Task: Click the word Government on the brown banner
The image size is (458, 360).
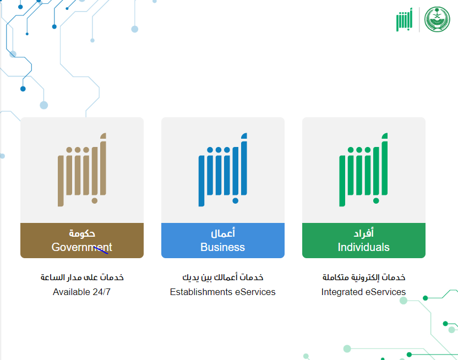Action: tap(82, 247)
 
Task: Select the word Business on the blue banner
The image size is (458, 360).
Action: tap(222, 247)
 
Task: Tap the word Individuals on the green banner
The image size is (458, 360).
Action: tap(364, 247)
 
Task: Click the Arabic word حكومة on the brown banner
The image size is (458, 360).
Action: tap(82, 233)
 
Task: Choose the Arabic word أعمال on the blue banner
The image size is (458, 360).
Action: tap(223, 233)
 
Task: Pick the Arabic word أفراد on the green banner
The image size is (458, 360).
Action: tap(364, 233)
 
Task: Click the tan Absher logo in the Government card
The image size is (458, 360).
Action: tap(82, 170)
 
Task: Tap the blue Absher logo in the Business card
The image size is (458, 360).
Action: tap(223, 170)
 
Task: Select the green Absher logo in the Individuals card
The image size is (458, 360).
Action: tap(364, 170)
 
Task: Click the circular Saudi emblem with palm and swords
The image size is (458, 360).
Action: tap(437, 19)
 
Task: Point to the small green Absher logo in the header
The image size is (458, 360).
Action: tap(404, 20)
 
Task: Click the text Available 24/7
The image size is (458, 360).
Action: tap(82, 292)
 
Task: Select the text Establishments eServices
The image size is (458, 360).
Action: tap(222, 292)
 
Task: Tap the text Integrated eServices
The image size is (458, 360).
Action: tap(363, 292)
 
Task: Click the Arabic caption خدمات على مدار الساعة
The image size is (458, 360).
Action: tap(82, 277)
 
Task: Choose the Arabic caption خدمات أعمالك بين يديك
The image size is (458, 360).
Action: tap(223, 277)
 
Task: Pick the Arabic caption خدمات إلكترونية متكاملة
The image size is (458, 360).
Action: tap(364, 277)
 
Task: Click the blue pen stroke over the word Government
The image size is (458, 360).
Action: tap(101, 250)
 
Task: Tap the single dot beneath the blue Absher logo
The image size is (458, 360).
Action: tap(235, 201)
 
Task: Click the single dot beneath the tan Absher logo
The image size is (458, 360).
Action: tap(94, 201)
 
